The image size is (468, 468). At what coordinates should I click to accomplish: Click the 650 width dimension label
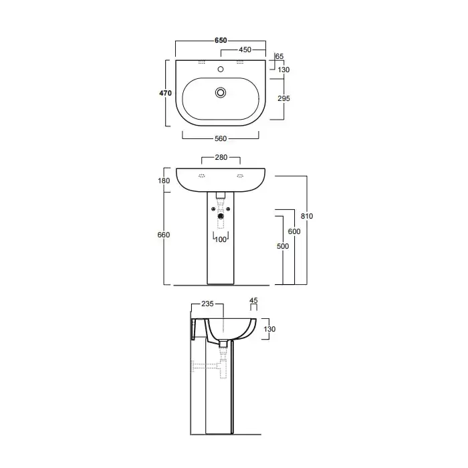[221, 40]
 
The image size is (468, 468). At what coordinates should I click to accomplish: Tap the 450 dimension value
[245, 50]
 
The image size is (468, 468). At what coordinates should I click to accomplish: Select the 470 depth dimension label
[165, 93]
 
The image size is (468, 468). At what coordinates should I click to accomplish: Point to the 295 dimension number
[283, 98]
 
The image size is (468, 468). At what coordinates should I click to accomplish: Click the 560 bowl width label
[221, 139]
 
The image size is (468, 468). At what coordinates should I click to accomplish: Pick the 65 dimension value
[279, 56]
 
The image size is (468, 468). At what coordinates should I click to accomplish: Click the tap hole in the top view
[221, 70]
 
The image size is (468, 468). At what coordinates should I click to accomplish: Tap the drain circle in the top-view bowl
[221, 92]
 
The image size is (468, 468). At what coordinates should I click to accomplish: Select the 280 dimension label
[221, 157]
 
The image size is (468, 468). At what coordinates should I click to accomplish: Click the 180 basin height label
[164, 181]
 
